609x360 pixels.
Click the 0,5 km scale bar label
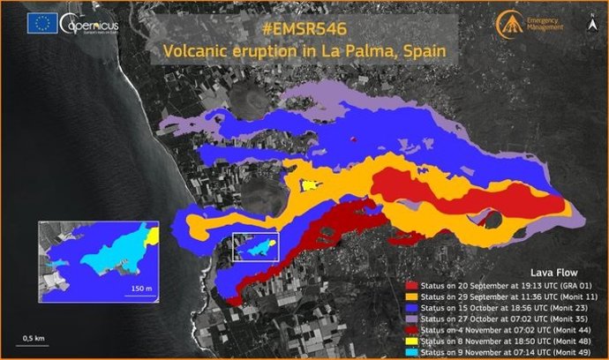[x=34, y=338]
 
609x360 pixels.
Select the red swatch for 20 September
[x=411, y=287]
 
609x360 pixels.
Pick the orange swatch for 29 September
[x=411, y=297]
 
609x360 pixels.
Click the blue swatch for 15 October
[x=411, y=308]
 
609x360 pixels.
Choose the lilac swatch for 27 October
[x=411, y=319]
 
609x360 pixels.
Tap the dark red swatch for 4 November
[x=411, y=329]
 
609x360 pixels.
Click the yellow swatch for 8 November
[x=411, y=340]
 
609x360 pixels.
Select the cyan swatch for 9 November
[x=411, y=350]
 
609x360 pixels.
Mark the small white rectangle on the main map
[x=255, y=246]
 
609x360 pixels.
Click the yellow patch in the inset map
[x=152, y=236]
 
